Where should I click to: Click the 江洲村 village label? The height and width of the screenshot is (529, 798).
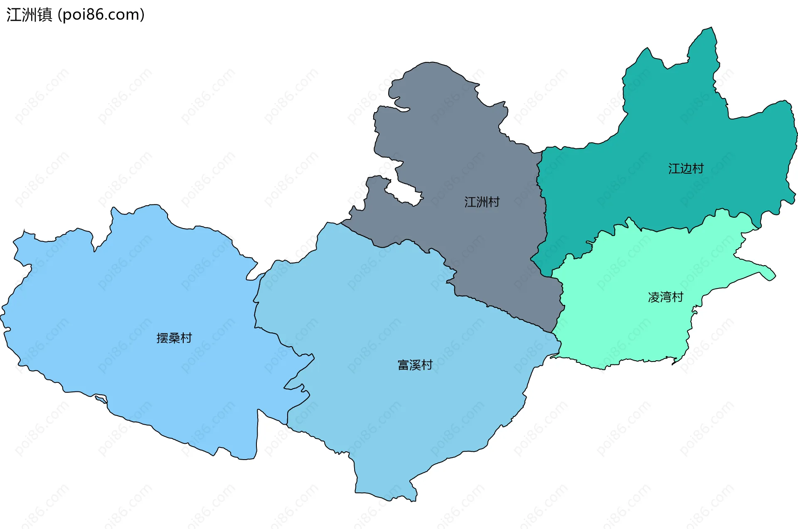click(482, 202)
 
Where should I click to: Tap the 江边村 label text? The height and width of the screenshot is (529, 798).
click(686, 169)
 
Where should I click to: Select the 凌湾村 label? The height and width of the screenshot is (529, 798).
click(665, 297)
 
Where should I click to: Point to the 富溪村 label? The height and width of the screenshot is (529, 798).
click(415, 365)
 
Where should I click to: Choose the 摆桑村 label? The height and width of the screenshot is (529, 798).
click(174, 338)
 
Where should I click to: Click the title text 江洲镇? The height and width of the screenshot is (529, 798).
click(29, 15)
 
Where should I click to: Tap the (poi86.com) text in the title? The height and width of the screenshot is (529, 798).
click(101, 15)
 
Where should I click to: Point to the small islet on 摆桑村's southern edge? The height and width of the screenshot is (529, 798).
click(101, 400)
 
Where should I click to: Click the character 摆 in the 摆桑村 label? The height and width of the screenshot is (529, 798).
click(162, 338)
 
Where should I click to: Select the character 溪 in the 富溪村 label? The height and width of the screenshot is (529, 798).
click(415, 365)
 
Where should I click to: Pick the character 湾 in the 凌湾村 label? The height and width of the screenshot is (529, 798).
click(665, 297)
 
